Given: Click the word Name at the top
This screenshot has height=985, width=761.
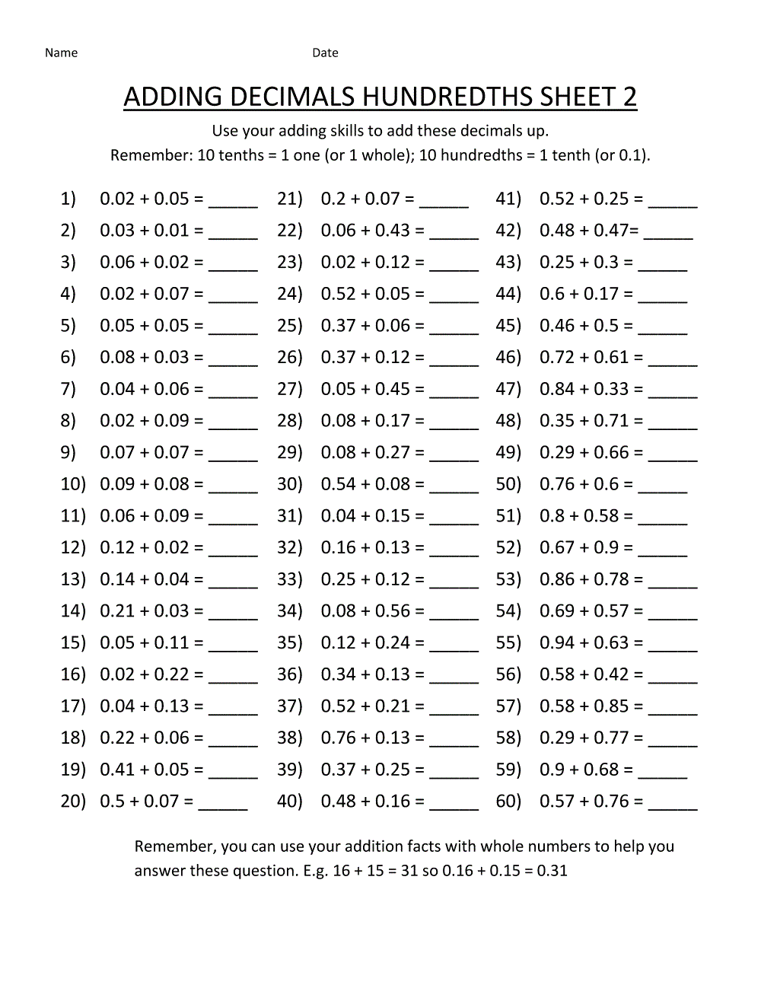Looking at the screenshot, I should coord(61,53).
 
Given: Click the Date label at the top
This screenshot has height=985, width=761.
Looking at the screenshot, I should coord(325,53).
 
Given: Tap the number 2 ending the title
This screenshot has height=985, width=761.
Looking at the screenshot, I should coord(629,97).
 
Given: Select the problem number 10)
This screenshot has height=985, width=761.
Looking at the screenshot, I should coord(73,484).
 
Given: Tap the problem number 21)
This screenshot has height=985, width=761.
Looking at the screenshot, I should coord(290,199).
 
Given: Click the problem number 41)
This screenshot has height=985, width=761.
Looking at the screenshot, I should coord(508,199).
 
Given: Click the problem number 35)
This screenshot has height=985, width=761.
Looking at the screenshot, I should coord(290,642).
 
